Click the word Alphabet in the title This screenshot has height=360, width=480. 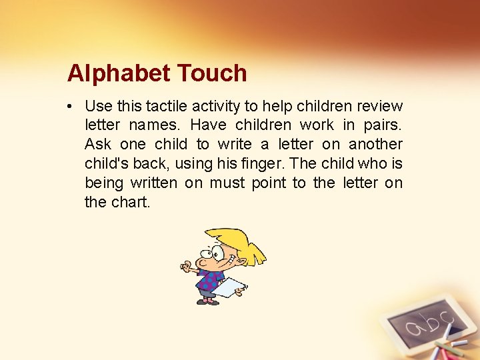pyautogui.click(x=109, y=73)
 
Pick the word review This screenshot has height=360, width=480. pyautogui.click(x=380, y=106)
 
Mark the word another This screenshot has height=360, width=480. pyautogui.click(x=376, y=144)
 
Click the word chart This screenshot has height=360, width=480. pyautogui.click(x=131, y=202)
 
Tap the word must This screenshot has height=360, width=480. pyautogui.click(x=227, y=183)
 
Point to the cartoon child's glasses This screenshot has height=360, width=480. pyautogui.click(x=213, y=253)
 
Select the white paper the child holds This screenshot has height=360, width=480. pyautogui.click(x=231, y=287)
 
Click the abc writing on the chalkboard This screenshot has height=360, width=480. pyautogui.click(x=425, y=325)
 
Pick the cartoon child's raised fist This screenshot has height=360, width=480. pyautogui.click(x=187, y=267)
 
